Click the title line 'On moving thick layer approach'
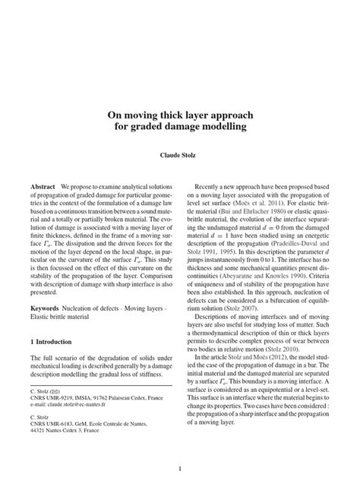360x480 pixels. [x=180, y=115]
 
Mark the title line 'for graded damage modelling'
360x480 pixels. [x=180, y=127]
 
